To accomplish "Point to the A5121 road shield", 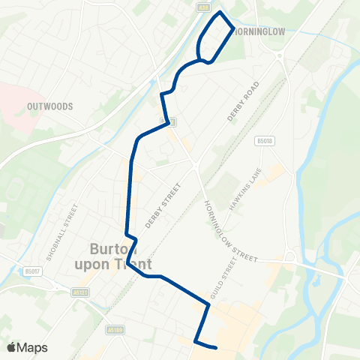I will pos(81,292).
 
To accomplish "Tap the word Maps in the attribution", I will pos(33,347).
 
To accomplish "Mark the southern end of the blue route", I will pos(216,347).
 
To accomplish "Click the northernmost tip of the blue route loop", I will pos(219,13).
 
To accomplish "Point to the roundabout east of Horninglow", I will pos(279,55).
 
